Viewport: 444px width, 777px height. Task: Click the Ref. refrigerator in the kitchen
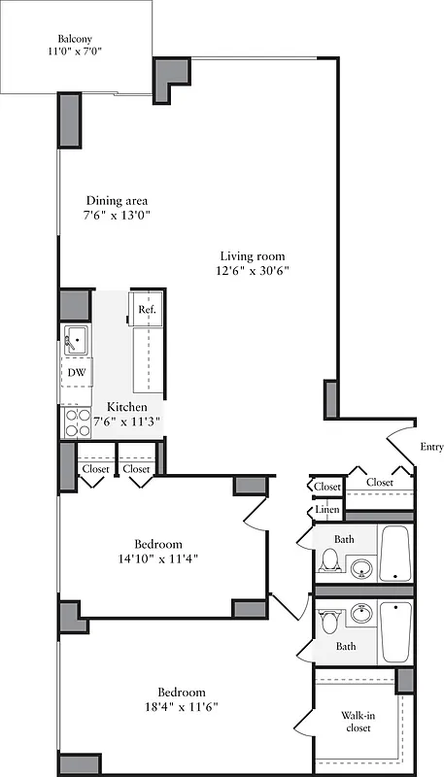point(147,310)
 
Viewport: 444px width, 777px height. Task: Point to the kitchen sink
point(76,341)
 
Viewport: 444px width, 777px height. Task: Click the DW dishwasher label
point(76,372)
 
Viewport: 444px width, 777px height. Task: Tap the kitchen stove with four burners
point(75,422)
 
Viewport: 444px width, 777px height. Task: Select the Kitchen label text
point(127,406)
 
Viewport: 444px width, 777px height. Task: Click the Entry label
point(431,447)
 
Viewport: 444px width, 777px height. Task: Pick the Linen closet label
point(325,510)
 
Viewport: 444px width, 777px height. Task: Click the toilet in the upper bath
point(329,560)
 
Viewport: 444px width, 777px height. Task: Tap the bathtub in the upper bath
point(396,554)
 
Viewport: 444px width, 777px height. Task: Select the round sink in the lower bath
point(362,614)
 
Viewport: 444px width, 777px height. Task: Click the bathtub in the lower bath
point(396,631)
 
